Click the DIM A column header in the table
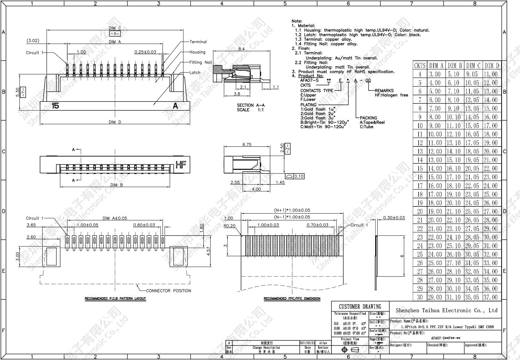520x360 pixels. point(436,65)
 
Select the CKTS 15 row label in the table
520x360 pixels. point(420,168)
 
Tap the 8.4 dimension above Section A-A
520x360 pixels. point(241,49)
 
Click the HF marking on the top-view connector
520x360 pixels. point(180,165)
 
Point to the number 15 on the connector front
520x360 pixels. point(55,106)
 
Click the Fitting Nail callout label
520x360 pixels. point(200,62)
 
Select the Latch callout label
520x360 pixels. point(195,72)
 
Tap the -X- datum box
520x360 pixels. point(114,34)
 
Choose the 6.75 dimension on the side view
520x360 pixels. point(247,144)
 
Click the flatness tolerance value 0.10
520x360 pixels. point(299,176)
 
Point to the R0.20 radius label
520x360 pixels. point(229,226)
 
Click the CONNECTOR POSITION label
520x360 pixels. point(169,291)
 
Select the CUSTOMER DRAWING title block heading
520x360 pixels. point(360,307)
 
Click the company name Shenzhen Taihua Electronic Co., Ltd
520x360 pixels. point(446,310)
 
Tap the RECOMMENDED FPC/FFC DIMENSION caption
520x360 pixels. point(292,299)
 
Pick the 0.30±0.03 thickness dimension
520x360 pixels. point(394,218)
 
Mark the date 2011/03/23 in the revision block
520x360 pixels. point(307,343)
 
